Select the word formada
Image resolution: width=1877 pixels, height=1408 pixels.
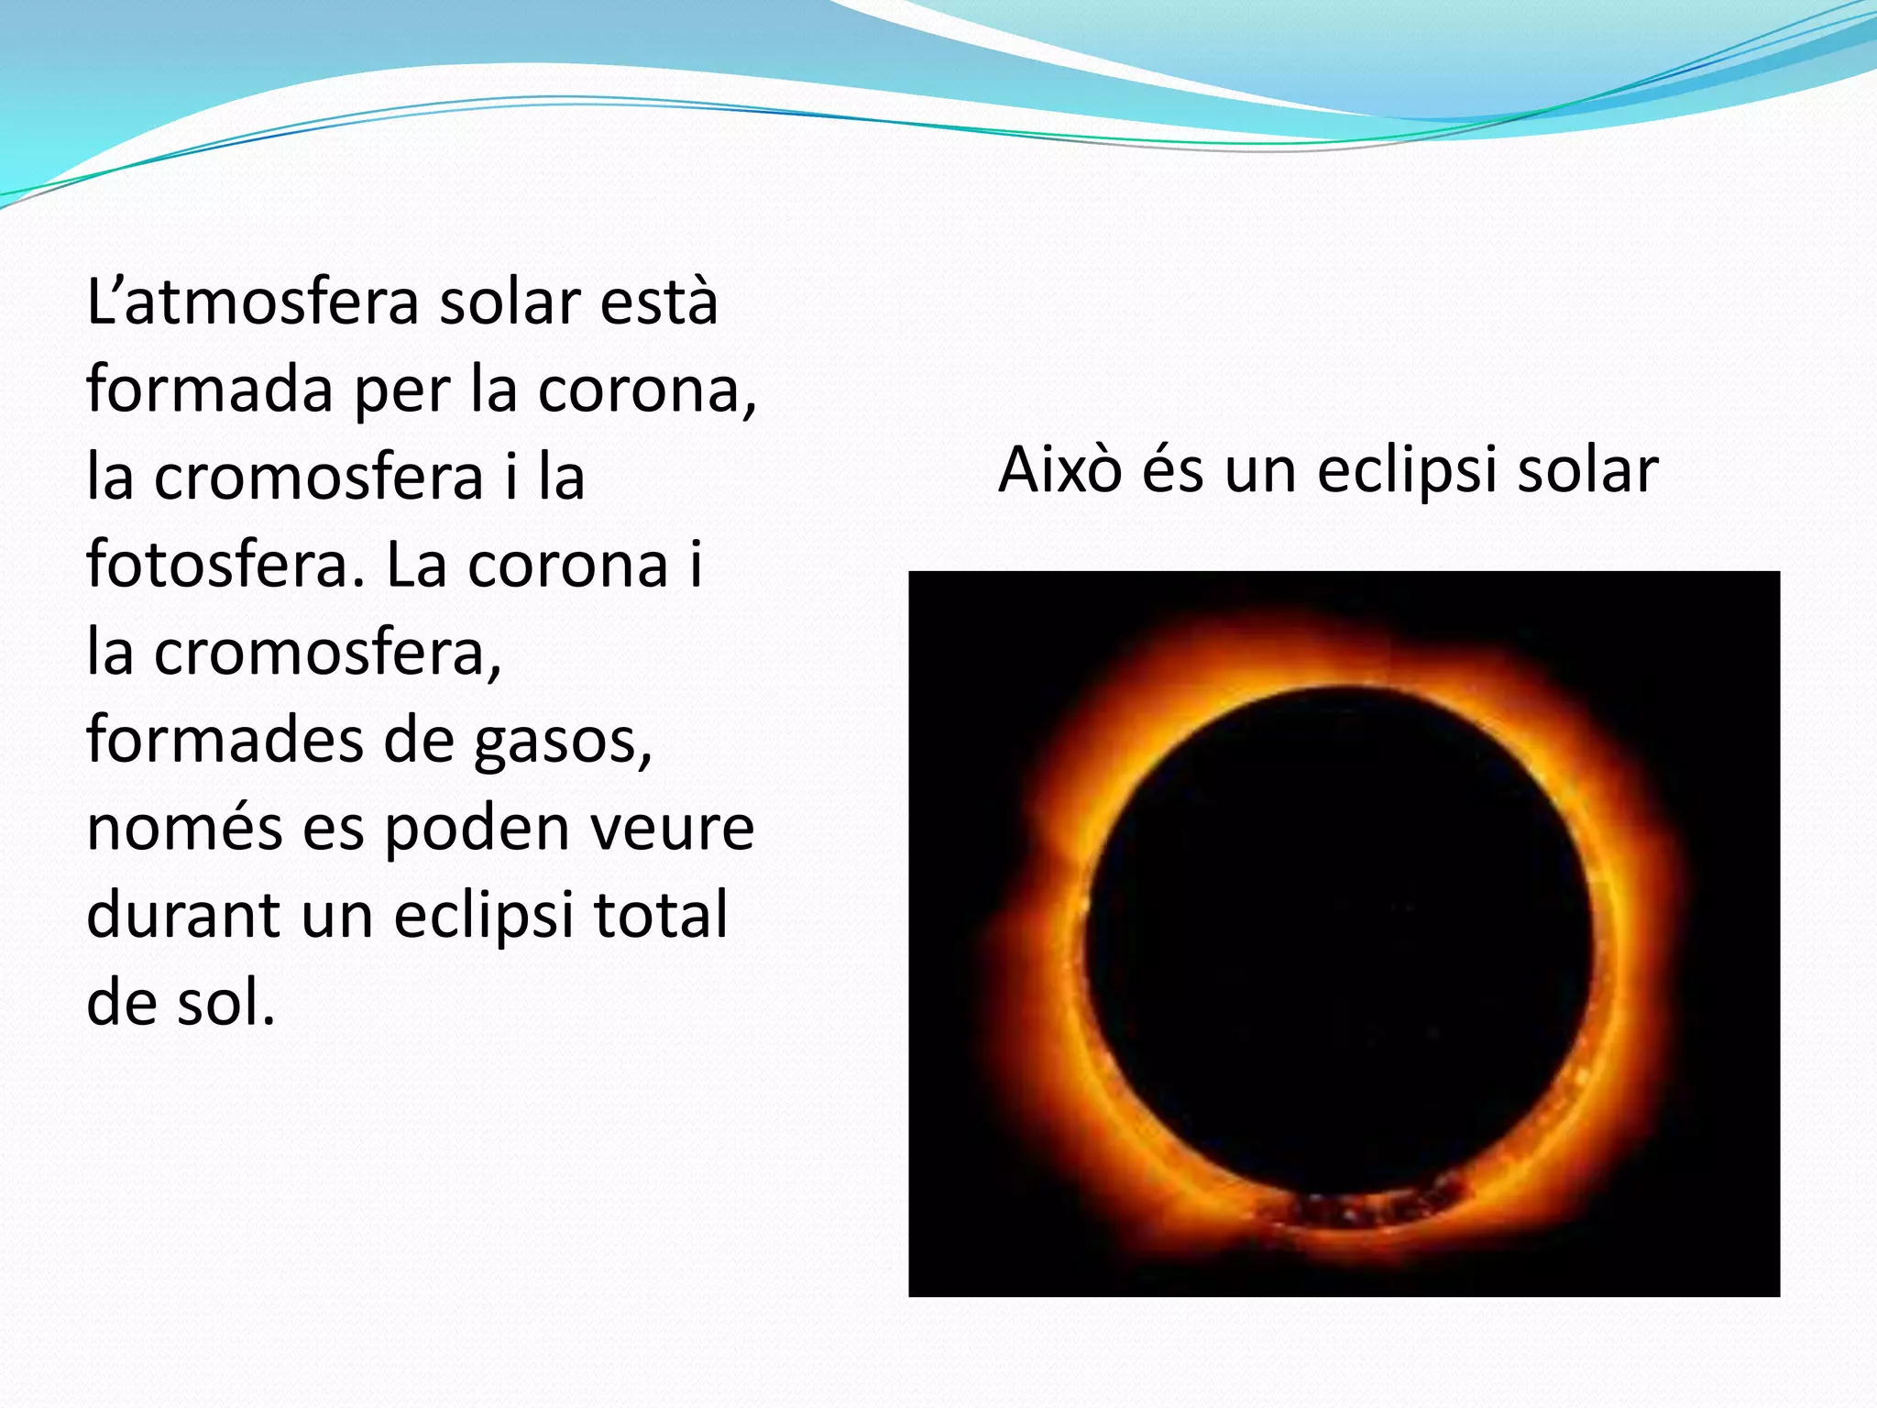coord(210,389)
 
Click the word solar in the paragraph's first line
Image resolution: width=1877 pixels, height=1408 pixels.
coord(510,302)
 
